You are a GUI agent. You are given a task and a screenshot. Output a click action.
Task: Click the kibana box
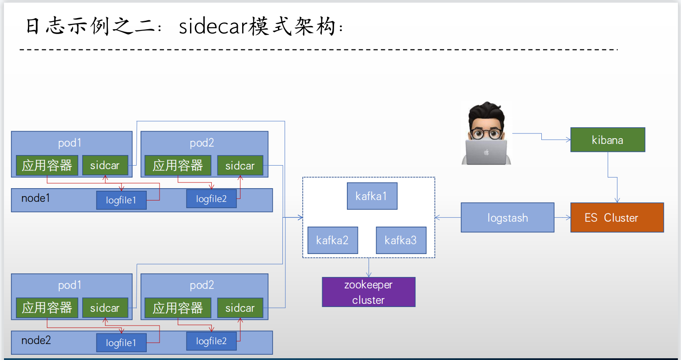click(x=608, y=140)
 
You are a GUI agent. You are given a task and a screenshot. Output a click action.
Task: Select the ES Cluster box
click(x=617, y=217)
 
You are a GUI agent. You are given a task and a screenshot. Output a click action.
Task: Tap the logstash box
click(x=507, y=217)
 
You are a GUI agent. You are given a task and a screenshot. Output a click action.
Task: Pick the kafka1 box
click(x=372, y=196)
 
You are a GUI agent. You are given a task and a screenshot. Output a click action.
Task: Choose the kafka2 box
click(x=332, y=240)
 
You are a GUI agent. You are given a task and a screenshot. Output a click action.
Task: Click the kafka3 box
click(x=401, y=240)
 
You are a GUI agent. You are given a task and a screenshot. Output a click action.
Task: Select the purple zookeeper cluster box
click(x=369, y=292)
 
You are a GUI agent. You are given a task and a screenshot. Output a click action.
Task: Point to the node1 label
click(x=36, y=198)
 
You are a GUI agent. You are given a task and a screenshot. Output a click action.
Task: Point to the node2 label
click(x=36, y=340)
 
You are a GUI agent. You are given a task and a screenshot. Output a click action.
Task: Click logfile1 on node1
click(x=121, y=200)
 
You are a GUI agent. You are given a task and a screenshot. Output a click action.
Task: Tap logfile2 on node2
click(x=211, y=341)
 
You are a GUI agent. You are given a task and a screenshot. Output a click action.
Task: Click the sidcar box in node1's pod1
click(x=105, y=165)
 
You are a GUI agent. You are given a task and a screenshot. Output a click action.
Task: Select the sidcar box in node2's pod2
click(x=240, y=308)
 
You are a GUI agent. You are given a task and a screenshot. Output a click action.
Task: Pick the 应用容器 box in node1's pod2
click(x=178, y=165)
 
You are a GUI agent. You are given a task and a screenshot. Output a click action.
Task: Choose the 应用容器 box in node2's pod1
click(x=47, y=308)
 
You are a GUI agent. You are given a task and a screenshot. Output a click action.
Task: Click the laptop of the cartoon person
click(x=486, y=152)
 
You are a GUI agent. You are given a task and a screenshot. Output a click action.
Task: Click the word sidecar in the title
click(x=213, y=27)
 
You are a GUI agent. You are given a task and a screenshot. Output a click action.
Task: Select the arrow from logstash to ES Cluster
click(x=563, y=217)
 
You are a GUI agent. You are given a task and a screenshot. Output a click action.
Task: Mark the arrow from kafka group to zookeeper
click(x=369, y=268)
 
